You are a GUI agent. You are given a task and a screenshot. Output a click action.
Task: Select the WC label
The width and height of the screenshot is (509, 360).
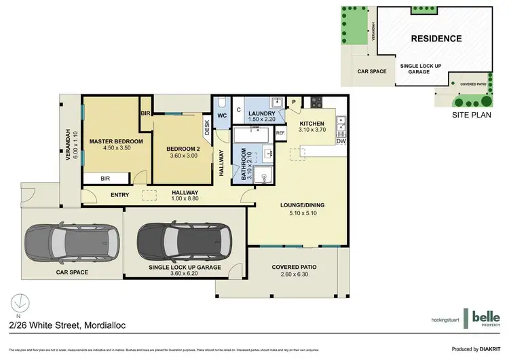coord(222,115)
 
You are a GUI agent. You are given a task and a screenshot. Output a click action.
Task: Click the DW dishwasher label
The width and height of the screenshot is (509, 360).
coord(341,141)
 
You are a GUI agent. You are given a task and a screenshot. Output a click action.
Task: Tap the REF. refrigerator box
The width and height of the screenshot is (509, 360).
coord(280,134)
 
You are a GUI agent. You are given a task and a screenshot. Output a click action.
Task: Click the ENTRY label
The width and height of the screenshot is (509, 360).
coord(119,196)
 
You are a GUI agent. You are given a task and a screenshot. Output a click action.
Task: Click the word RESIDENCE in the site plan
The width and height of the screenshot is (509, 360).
coord(436,39)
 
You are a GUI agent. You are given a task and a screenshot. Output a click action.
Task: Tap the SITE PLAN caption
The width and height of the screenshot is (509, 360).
coord(471,116)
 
